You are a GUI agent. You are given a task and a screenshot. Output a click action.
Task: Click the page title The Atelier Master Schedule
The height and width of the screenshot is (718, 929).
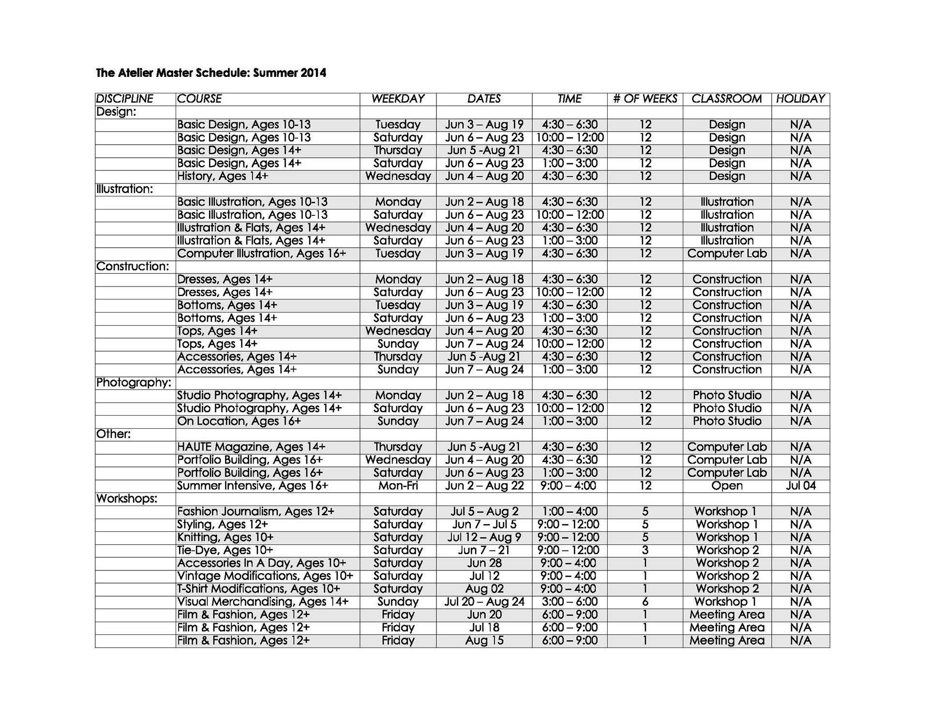[211, 73]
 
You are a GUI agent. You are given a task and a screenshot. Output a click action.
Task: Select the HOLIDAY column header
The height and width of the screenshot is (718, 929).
[800, 99]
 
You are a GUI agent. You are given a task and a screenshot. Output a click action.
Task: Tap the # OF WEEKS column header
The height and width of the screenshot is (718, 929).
[645, 99]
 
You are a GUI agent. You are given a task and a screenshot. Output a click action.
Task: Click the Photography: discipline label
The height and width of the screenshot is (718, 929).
[134, 383]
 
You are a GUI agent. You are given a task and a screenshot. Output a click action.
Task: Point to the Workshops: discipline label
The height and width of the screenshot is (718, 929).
[127, 499]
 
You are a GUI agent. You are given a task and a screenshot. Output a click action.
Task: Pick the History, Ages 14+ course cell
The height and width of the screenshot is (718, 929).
[223, 176]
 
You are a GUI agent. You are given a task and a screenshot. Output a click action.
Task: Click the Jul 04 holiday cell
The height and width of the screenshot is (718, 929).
[800, 486]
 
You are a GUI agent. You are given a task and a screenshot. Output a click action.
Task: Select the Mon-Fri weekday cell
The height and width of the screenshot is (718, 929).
[398, 486]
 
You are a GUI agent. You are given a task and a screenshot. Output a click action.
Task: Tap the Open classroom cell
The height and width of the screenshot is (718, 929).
[727, 486]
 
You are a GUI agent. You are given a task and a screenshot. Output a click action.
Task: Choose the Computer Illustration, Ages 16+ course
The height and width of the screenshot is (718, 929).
[261, 254]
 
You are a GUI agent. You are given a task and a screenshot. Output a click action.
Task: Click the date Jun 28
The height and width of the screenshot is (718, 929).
[484, 563]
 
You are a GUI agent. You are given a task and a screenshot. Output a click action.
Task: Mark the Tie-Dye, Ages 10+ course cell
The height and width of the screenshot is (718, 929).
[225, 550]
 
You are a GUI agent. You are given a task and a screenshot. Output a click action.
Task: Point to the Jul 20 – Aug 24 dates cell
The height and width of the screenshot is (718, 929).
[484, 602]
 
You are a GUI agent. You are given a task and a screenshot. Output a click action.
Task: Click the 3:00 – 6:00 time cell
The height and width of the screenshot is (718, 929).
[569, 602]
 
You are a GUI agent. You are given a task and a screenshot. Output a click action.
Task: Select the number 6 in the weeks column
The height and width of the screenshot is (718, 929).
[645, 602]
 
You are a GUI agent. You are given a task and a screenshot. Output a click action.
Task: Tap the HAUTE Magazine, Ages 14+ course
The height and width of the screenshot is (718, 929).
[251, 447]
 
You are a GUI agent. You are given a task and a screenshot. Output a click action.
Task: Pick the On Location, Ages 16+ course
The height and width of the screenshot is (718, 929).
[239, 421]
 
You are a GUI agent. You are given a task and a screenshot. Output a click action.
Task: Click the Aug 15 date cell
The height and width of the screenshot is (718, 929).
[484, 641]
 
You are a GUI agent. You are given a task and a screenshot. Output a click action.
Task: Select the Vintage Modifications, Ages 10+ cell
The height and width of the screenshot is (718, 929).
[265, 576]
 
